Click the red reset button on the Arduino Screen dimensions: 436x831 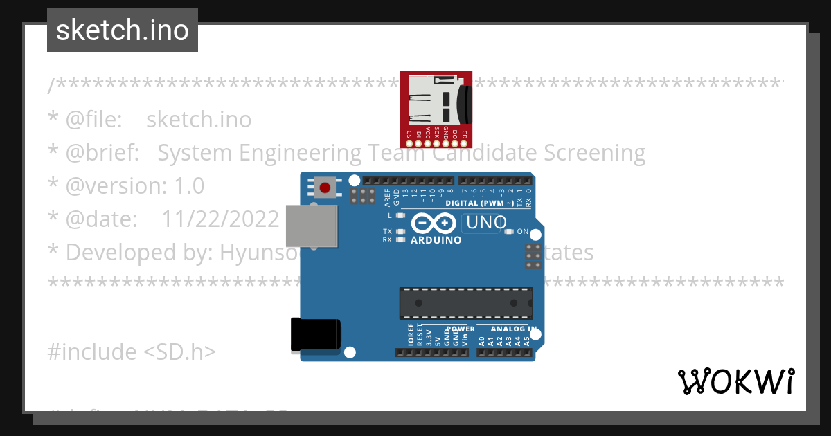click(x=324, y=187)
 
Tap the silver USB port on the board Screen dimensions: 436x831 click(x=311, y=226)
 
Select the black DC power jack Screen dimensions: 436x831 click(x=315, y=334)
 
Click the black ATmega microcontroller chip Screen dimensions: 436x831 click(x=465, y=303)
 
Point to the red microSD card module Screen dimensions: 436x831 click(x=437, y=109)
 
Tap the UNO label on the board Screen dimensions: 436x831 click(x=486, y=223)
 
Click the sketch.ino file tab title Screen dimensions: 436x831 click(x=123, y=30)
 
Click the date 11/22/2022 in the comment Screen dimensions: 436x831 click(x=220, y=219)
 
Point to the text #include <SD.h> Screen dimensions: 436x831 click(x=132, y=352)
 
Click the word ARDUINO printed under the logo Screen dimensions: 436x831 click(x=436, y=241)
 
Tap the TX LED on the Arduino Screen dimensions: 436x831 click(x=400, y=231)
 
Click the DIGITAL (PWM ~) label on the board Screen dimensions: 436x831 click(x=479, y=203)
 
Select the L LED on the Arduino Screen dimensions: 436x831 click(x=400, y=216)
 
